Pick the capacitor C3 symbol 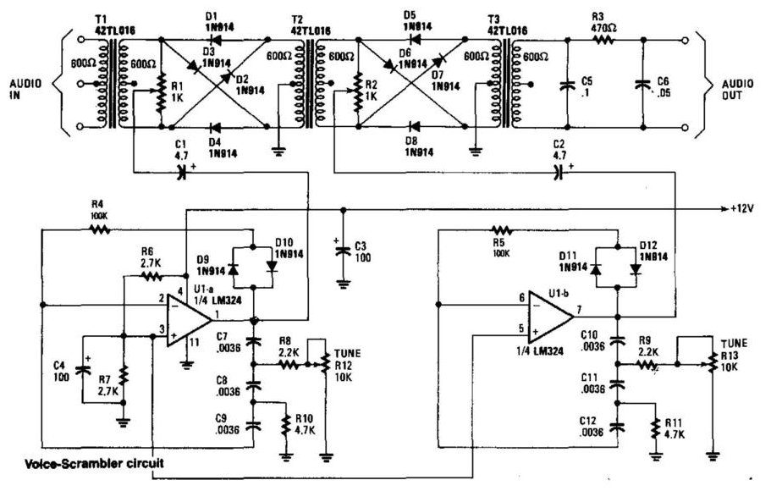tap(342, 251)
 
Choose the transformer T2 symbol tap(310, 83)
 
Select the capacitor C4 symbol tap(82, 369)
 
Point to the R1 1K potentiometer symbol tap(159, 96)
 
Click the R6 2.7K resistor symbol tap(151, 276)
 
